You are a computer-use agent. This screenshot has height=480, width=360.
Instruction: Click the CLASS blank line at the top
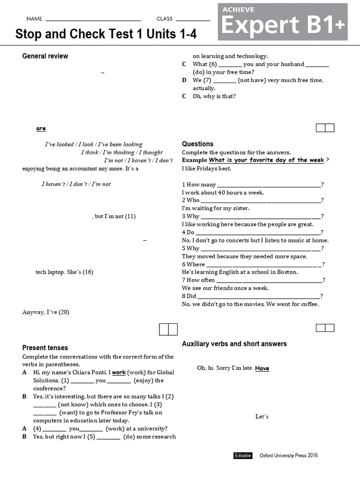pyautogui.click(x=193, y=20)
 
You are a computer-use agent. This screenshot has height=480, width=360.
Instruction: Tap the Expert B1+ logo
pyautogui.click(x=283, y=22)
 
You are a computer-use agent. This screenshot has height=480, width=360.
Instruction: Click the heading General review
pyautogui.click(x=45, y=56)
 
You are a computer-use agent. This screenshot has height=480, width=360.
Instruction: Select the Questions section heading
pyautogui.click(x=197, y=144)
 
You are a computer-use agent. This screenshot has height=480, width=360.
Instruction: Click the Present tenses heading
pyautogui.click(x=45, y=348)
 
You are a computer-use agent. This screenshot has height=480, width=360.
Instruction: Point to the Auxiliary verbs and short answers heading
pyautogui.click(x=234, y=344)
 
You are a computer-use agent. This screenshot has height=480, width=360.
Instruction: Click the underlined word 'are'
pyautogui.click(x=41, y=128)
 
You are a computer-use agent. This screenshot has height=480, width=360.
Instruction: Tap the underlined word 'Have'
pyautogui.click(x=262, y=368)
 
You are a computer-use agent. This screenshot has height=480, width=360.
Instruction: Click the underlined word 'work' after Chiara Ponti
pyautogui.click(x=119, y=373)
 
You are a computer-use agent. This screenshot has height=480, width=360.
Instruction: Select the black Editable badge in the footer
pyautogui.click(x=243, y=456)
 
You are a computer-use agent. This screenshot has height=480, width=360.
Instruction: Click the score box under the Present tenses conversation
pyautogui.click(x=325, y=128)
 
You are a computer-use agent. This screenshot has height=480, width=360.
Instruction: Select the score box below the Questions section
pyautogui.click(x=325, y=328)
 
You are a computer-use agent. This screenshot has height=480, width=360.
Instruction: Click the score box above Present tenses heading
pyautogui.click(x=168, y=330)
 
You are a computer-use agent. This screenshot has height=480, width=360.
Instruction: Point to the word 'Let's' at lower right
pyautogui.click(x=262, y=417)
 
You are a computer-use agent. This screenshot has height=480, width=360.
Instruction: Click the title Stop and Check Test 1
pyautogui.click(x=106, y=34)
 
